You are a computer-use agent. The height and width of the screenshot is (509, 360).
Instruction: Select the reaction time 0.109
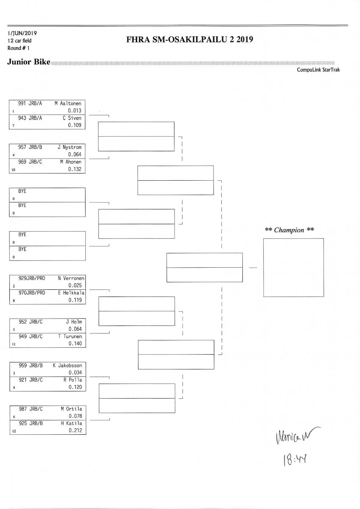tap(74, 125)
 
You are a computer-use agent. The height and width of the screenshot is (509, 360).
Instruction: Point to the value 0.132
tap(74, 169)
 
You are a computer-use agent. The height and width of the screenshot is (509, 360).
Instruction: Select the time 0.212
tap(74, 431)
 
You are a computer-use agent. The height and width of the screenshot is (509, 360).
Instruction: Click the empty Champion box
tap(293, 268)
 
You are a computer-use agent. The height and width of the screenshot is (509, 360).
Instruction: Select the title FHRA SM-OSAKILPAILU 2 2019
tap(190, 40)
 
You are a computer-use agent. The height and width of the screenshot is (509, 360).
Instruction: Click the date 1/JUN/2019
tap(22, 33)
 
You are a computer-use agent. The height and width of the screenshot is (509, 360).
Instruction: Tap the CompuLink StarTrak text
tap(318, 70)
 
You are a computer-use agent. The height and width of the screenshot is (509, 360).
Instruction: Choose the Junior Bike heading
tap(28, 62)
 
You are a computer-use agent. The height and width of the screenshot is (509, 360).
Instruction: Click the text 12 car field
tap(20, 41)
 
